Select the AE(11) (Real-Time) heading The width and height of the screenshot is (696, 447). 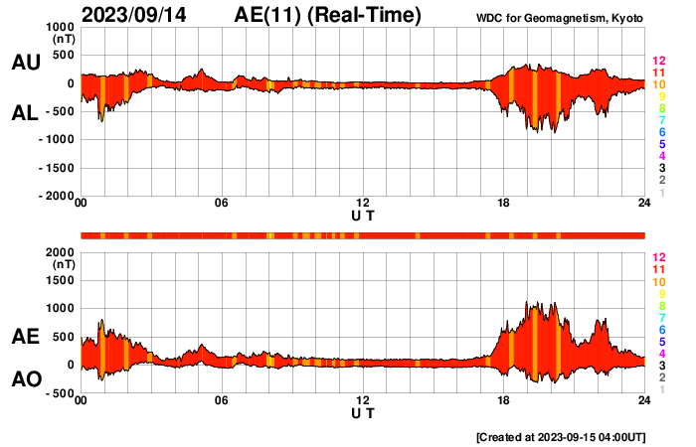tap(328, 15)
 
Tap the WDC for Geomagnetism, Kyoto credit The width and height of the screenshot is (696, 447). tap(561, 18)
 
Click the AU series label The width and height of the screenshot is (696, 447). tap(25, 63)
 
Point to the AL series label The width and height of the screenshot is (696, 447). tap(25, 113)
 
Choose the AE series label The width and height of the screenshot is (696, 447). tap(25, 338)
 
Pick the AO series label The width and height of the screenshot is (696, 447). tap(25, 379)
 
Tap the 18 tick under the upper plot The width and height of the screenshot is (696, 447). tap(504, 204)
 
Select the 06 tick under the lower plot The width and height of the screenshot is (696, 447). tap(222, 400)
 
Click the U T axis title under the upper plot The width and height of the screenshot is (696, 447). tap(363, 215)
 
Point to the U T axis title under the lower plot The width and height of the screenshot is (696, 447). tap(363, 411)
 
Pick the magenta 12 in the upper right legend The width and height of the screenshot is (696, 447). tap(658, 62)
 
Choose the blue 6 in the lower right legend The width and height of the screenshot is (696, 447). tap(661, 329)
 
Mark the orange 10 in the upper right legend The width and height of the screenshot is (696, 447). tap(658, 84)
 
